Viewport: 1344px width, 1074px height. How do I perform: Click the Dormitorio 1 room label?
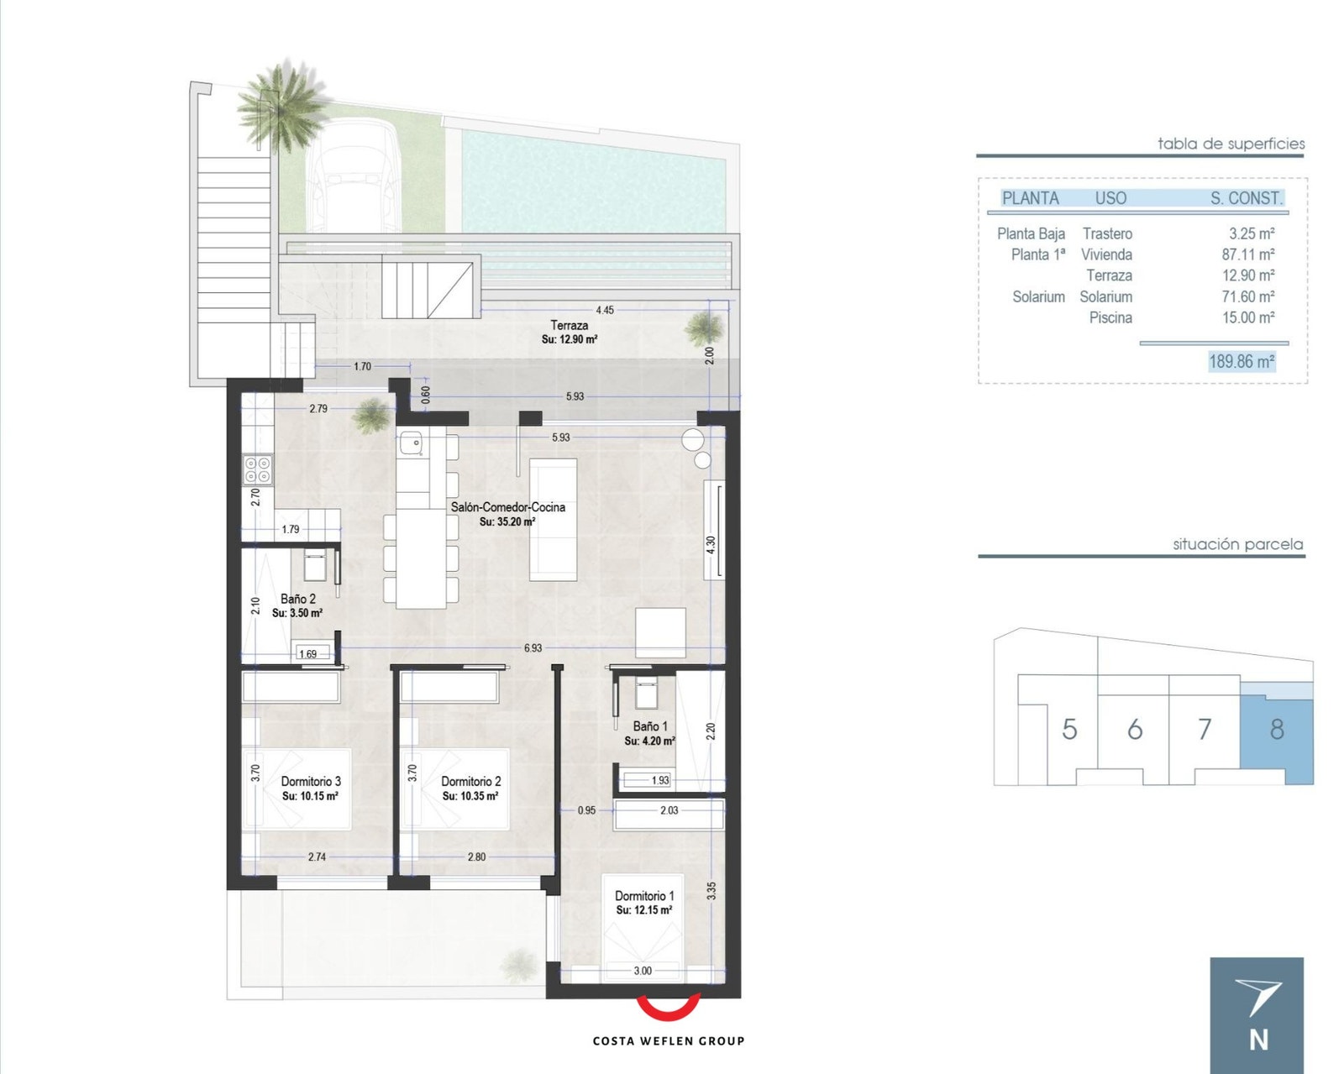click(x=644, y=896)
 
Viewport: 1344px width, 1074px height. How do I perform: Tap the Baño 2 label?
click(x=298, y=599)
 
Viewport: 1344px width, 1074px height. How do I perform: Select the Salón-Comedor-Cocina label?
click(x=507, y=507)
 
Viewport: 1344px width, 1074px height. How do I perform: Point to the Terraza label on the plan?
click(x=569, y=325)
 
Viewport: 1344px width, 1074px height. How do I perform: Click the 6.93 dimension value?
click(x=533, y=648)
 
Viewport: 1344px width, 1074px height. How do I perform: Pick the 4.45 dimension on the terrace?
click(x=605, y=310)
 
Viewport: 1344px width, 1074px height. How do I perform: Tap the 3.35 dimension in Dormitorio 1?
click(x=711, y=890)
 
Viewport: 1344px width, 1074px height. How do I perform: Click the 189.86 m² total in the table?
click(x=1242, y=362)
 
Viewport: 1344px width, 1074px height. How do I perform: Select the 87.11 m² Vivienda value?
click(x=1248, y=254)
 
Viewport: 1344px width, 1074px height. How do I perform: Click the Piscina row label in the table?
click(x=1110, y=317)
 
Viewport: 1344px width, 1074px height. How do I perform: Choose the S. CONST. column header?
click(x=1247, y=198)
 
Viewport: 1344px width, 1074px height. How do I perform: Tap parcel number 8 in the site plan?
click(x=1277, y=730)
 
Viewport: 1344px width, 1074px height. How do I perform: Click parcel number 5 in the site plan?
click(x=1069, y=730)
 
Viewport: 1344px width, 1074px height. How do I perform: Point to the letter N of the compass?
click(x=1258, y=1040)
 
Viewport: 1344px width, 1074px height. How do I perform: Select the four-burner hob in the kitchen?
click(x=257, y=469)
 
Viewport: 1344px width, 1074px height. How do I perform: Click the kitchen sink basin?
click(x=411, y=443)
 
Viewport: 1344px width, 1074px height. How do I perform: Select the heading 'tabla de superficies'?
click(x=1231, y=144)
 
